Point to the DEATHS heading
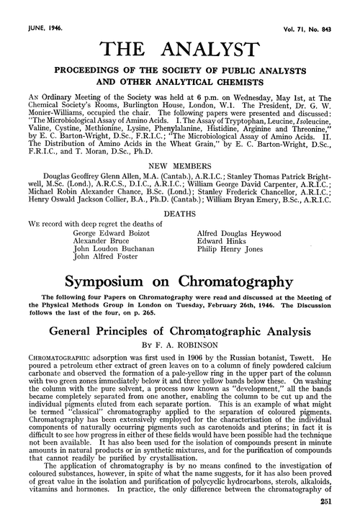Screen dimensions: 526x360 (x=180, y=194)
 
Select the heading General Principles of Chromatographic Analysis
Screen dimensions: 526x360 (x=180, y=313)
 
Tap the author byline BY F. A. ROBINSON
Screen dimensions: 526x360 (x=180, y=327)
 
